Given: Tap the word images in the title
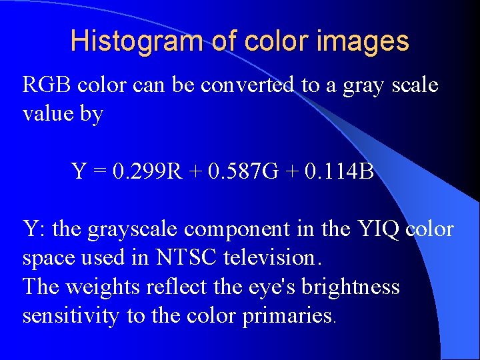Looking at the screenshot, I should (x=365, y=41).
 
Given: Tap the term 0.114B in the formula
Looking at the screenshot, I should (x=339, y=172).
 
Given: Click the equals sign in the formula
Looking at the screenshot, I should (x=99, y=173).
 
